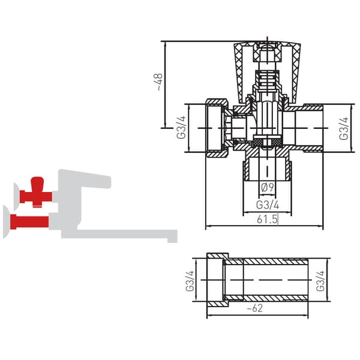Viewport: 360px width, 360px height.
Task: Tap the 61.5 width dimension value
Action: click(x=267, y=219)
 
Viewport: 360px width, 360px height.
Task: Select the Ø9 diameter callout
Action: click(x=268, y=187)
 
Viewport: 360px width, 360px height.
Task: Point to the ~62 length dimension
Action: click(x=255, y=308)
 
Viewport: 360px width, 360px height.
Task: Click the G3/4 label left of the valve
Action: click(x=181, y=127)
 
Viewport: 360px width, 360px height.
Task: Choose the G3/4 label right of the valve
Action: click(x=344, y=128)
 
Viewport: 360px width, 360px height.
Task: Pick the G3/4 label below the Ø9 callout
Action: click(x=268, y=205)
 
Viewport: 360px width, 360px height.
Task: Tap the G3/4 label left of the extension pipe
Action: click(x=190, y=281)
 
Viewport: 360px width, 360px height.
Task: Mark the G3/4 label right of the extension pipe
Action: click(x=320, y=281)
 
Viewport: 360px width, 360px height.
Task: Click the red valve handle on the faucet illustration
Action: click(x=36, y=192)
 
